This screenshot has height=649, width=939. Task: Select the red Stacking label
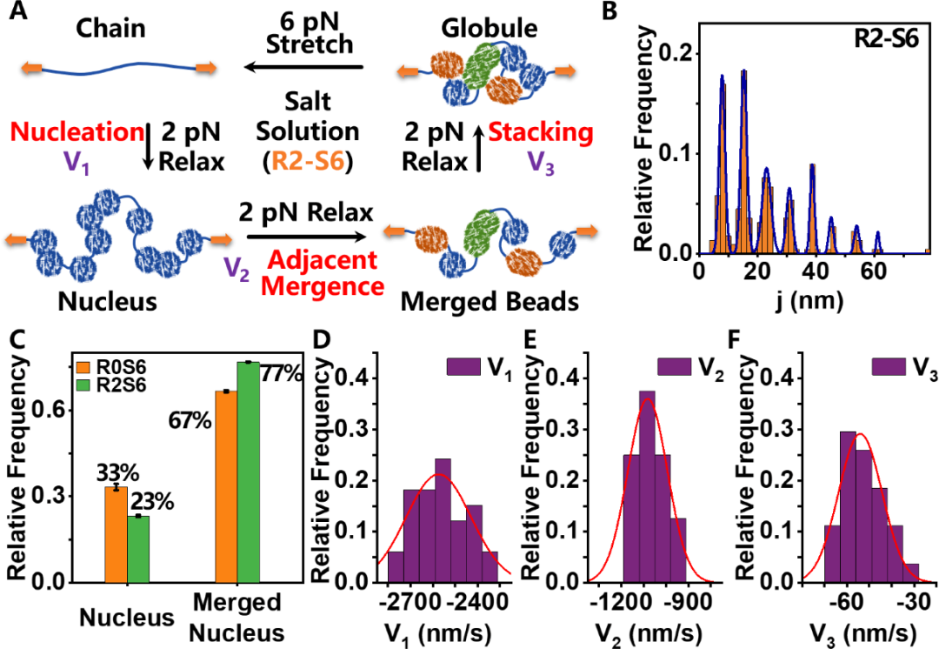[x=541, y=133]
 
